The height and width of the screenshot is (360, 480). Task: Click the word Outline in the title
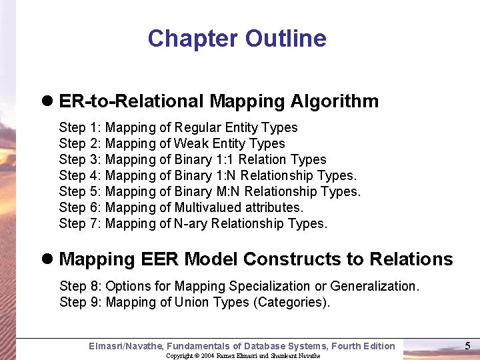click(x=286, y=39)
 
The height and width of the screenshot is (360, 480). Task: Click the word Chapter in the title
click(x=193, y=39)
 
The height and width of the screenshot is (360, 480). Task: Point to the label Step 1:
click(x=80, y=127)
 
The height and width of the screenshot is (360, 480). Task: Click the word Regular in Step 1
click(x=199, y=127)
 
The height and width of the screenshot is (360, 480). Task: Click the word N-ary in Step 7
click(x=191, y=223)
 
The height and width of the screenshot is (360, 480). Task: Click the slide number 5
click(x=467, y=345)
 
